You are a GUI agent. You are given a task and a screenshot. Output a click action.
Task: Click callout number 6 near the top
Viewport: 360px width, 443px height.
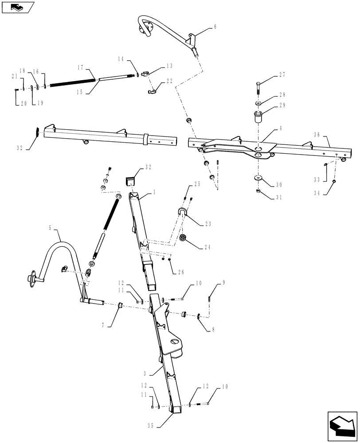215,27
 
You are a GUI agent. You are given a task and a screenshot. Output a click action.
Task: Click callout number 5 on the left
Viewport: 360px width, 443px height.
50,228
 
